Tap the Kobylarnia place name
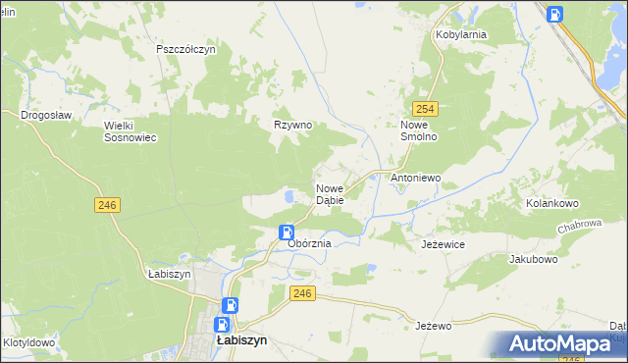[461, 34]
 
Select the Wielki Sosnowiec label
[131, 131]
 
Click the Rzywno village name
[292, 125]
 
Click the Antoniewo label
[416, 179]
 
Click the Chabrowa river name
[580, 224]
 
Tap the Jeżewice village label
[443, 243]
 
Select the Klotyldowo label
[28, 343]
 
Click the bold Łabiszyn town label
[241, 341]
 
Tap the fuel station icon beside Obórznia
[286, 233]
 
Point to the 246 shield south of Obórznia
[302, 292]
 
